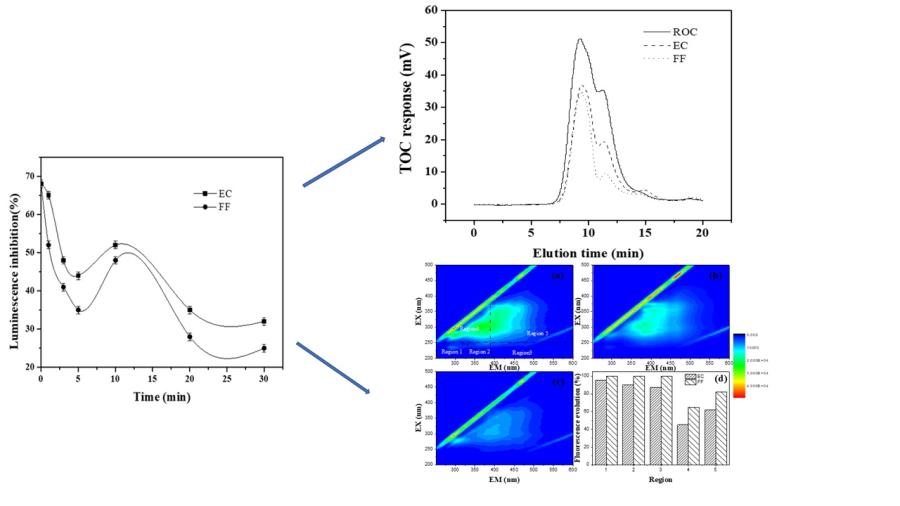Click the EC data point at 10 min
pyautogui.click(x=115, y=244)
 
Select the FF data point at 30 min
pyautogui.click(x=263, y=348)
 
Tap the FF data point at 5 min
pyautogui.click(x=78, y=310)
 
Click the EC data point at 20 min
pyautogui.click(x=189, y=310)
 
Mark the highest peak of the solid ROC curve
pyautogui.click(x=580, y=39)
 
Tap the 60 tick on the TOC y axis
pyautogui.click(x=432, y=10)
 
